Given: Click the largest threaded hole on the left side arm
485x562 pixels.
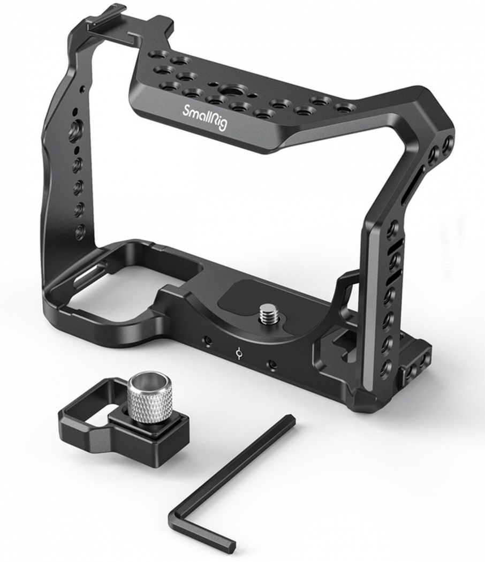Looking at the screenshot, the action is click(x=77, y=127).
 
